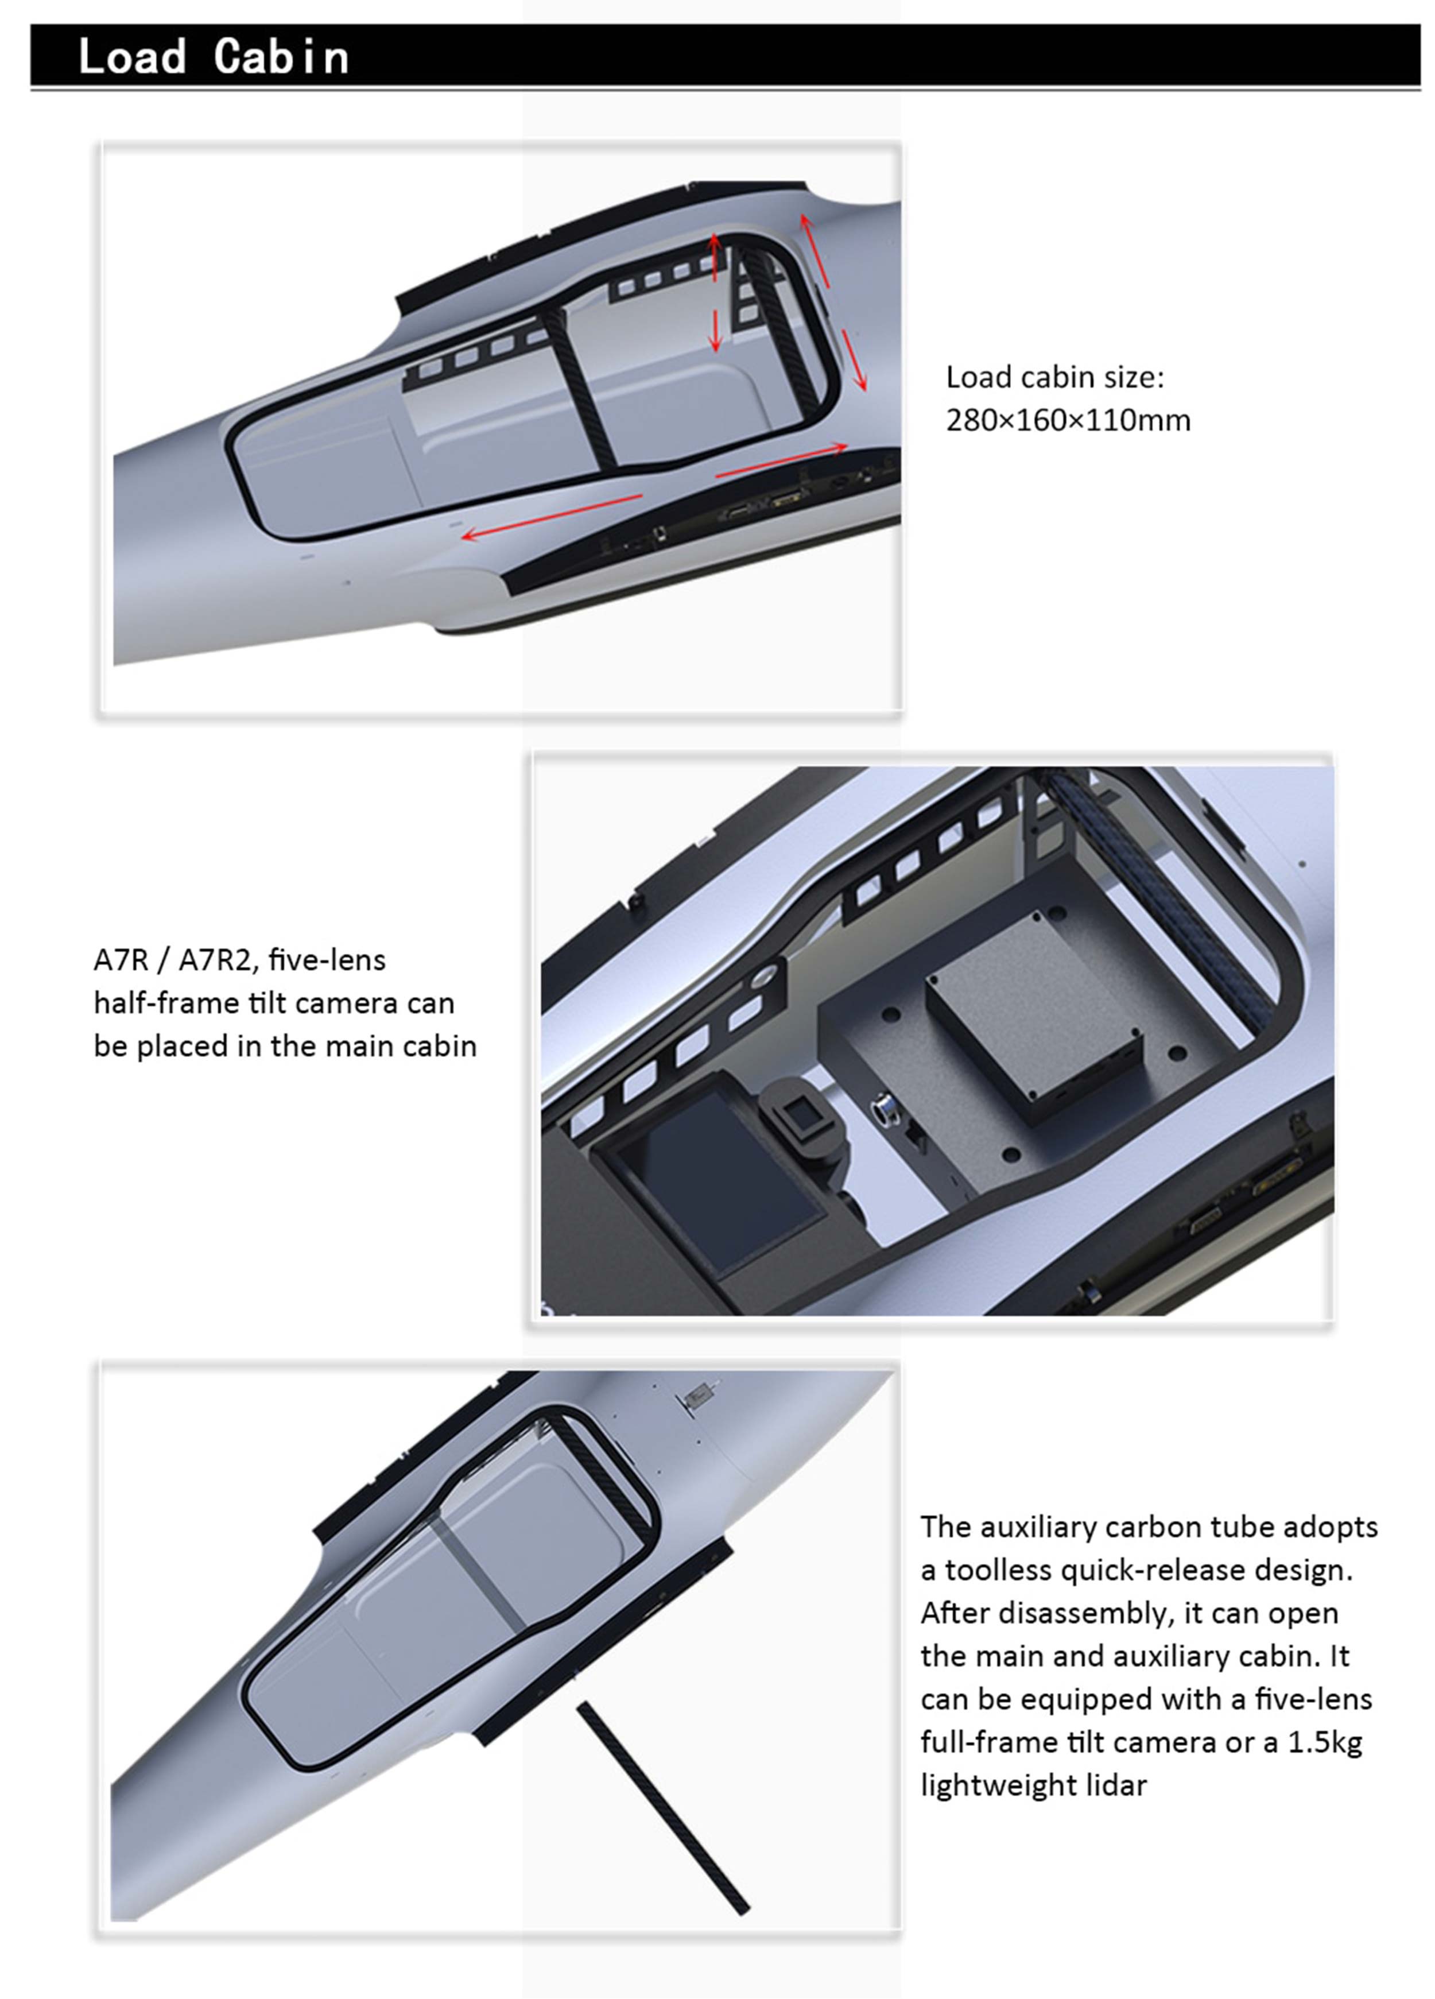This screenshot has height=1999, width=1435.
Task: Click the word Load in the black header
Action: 132,56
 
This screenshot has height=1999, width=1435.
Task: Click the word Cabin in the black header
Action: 281,56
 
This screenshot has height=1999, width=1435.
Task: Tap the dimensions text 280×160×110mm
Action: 1068,420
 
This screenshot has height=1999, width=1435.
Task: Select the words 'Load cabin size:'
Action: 1055,377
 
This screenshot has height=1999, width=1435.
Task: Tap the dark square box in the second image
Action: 1034,1017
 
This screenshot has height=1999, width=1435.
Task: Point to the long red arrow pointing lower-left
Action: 553,517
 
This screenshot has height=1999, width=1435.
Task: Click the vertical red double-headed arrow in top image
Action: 715,293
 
